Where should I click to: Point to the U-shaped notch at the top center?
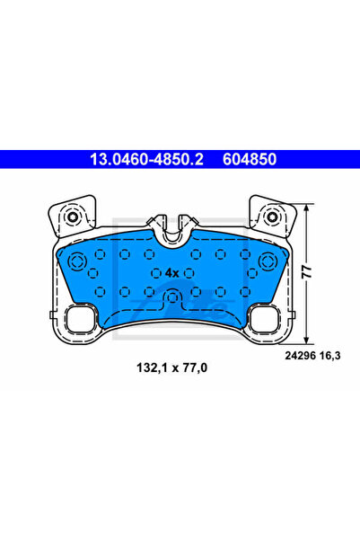172,230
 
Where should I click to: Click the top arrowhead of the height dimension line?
308,208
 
